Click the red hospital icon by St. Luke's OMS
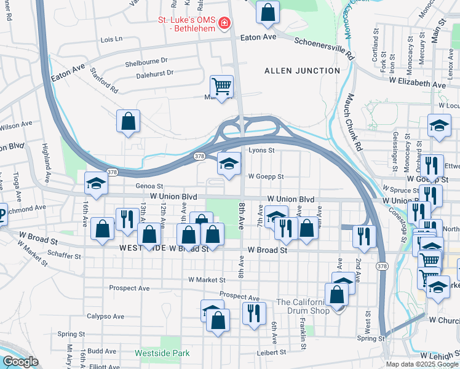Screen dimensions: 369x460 click(x=224, y=23)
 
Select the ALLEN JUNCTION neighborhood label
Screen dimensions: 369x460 click(x=302, y=71)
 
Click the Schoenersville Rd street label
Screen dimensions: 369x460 click(x=325, y=48)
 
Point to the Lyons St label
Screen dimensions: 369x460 click(x=261, y=150)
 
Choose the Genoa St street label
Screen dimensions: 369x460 click(x=150, y=186)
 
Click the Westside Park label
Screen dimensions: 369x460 click(x=162, y=354)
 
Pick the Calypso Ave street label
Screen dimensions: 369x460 click(x=105, y=316)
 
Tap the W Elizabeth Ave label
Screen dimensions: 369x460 click(x=416, y=84)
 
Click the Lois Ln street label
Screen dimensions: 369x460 click(x=111, y=39)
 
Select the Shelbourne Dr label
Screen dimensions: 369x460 click(x=146, y=62)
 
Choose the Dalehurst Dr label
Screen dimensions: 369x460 click(x=155, y=73)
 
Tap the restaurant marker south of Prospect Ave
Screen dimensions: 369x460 click(x=254, y=313)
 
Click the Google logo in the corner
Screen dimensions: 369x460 click(x=20, y=362)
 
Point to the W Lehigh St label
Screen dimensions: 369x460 click(x=440, y=356)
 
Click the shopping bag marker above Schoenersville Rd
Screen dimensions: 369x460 click(x=268, y=12)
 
